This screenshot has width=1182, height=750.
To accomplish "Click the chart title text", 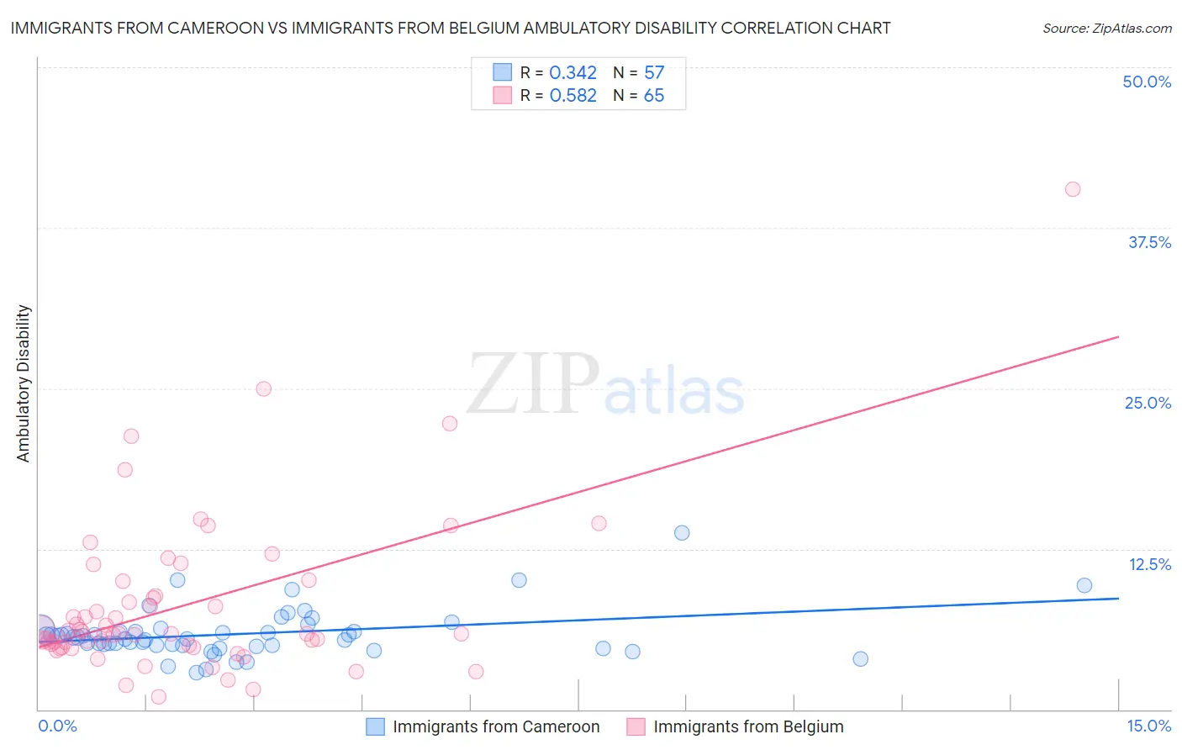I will click(450, 28).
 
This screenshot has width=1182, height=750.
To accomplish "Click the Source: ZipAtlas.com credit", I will click(1106, 29).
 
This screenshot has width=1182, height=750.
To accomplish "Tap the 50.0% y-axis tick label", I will click(1147, 82).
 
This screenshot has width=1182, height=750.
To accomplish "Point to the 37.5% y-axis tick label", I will click(1149, 242).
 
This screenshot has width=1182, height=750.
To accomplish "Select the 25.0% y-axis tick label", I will click(1148, 403).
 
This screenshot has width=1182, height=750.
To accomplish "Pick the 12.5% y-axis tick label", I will click(1149, 564).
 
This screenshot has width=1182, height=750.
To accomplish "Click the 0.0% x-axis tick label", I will click(57, 726).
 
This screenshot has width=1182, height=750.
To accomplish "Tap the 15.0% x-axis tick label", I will click(1148, 726).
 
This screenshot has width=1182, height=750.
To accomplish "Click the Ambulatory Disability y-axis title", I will click(24, 383).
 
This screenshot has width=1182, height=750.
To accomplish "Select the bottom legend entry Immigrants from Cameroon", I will click(496, 726).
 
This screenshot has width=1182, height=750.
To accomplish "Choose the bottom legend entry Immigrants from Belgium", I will click(748, 726).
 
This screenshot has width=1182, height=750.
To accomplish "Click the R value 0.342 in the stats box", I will click(573, 73).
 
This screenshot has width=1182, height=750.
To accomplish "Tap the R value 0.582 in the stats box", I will click(573, 96).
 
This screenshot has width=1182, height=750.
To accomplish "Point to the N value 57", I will click(654, 73).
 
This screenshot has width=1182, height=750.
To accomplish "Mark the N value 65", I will click(654, 96).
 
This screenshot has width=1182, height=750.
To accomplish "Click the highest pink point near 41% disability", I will click(1072, 189).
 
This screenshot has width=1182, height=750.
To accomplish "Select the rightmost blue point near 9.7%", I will click(1084, 585).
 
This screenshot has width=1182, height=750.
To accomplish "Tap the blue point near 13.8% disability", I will click(682, 532).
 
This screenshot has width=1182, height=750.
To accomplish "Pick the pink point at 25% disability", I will click(263, 388).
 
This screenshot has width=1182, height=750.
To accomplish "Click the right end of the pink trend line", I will click(1118, 336).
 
